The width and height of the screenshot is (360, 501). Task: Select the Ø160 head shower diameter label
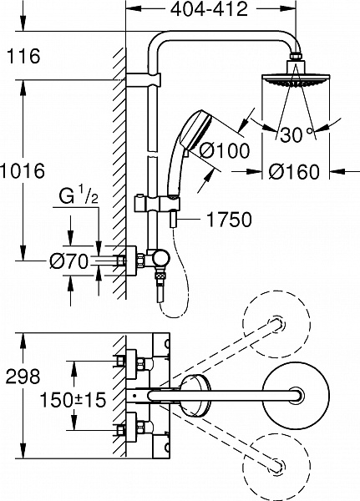tap(295, 172)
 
